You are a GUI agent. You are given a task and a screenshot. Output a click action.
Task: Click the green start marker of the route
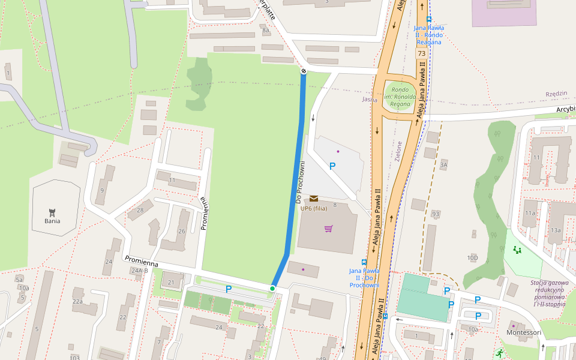point(272,289)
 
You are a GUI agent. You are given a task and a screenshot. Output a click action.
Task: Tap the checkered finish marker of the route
point(304,71)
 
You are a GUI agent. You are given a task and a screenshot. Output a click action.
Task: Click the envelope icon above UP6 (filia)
point(314,199)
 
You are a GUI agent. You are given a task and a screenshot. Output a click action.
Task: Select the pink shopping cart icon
point(328,229)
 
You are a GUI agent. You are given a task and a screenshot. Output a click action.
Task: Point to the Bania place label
point(52,221)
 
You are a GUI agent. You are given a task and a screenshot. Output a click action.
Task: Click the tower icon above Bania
point(52,211)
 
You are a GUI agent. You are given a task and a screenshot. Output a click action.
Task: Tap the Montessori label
point(524,332)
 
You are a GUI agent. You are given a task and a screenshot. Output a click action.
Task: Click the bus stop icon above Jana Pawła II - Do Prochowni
point(364,262)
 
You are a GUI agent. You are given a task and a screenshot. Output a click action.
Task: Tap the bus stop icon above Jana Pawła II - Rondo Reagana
point(428,19)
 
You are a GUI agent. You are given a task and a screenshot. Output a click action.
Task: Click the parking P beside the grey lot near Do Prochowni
point(332,166)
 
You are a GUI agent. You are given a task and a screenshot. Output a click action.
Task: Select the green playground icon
point(517,250)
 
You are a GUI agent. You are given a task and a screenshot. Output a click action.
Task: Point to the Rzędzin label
point(556,94)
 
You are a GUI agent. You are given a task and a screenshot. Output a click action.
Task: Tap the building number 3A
point(443,164)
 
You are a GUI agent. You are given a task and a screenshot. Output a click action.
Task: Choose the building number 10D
point(473,258)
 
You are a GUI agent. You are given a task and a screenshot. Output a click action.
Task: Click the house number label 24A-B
point(139,271)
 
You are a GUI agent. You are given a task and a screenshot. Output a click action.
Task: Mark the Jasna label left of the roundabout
point(370,100)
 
